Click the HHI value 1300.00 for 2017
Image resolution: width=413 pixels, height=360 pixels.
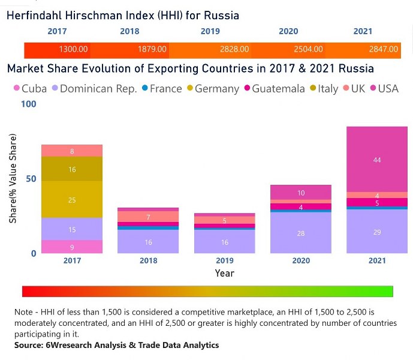(74, 49)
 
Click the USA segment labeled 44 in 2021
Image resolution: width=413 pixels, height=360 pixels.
(377, 160)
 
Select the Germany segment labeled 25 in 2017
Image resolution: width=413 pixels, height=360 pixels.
(72, 200)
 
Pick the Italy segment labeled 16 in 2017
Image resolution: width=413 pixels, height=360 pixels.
(72, 169)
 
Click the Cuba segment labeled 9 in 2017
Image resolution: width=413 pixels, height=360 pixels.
(72, 247)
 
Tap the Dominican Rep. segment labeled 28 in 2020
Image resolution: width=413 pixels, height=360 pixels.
(301, 233)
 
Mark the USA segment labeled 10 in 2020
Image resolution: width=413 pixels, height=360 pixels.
(301, 193)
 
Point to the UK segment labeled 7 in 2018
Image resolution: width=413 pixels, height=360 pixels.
(148, 217)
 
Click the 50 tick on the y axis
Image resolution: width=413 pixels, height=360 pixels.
(31, 179)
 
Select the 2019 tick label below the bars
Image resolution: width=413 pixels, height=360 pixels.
(225, 261)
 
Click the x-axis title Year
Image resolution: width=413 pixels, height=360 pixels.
(225, 273)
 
